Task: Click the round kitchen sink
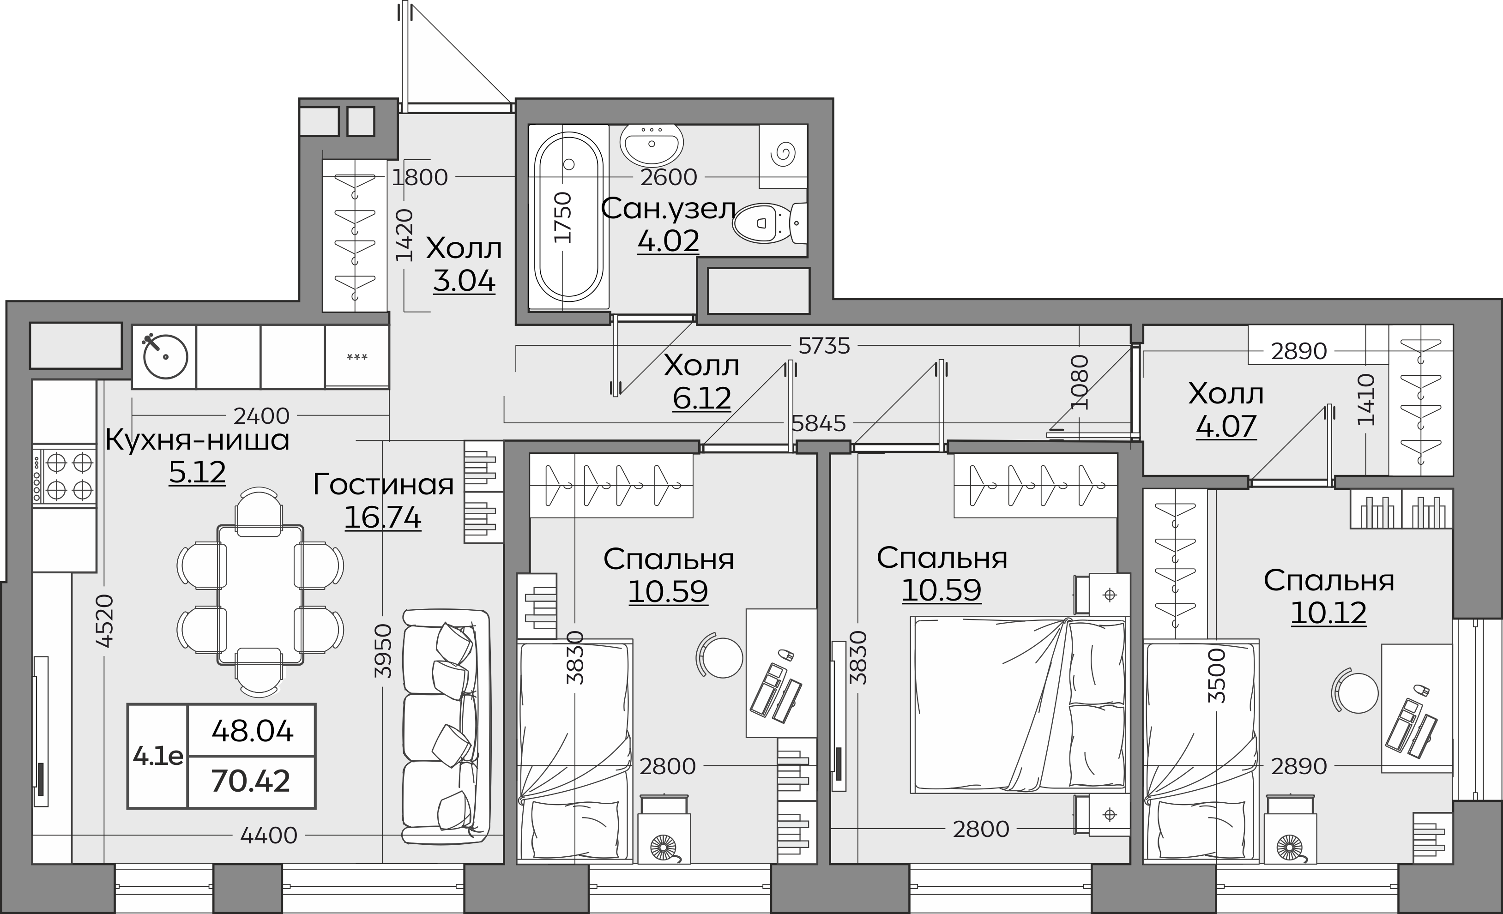pos(165,357)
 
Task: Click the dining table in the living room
pos(260,594)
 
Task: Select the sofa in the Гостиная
pos(447,726)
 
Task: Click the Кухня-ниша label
pos(197,440)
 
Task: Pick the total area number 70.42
pos(251,781)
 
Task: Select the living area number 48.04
pos(253,730)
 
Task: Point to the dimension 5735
pos(824,346)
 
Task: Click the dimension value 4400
pos(268,836)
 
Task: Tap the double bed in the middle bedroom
pos(1019,705)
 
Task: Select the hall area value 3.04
pos(464,281)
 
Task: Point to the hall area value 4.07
pos(1226,426)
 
